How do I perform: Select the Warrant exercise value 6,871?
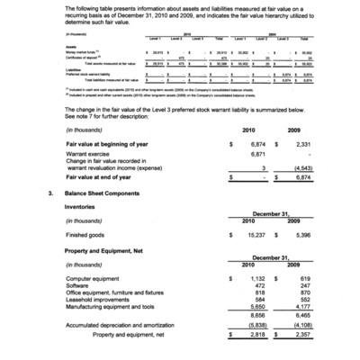click(x=258, y=155)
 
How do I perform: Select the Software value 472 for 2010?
click(x=261, y=286)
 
